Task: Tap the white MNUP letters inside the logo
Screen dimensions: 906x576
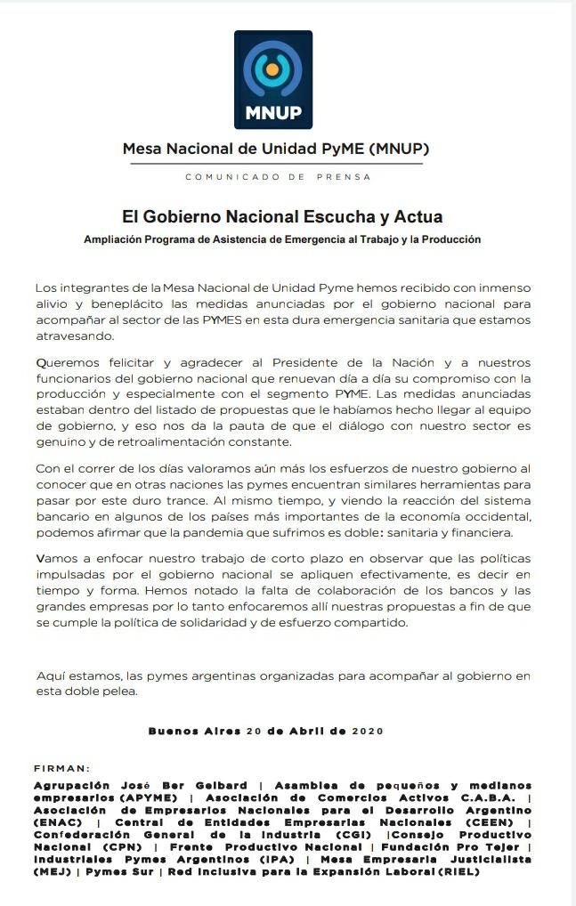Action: [273, 113]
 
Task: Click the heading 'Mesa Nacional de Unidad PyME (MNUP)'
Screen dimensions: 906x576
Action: [281, 149]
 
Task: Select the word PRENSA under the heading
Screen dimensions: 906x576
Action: [344, 177]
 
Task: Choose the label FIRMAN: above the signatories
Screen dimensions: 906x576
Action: [62, 768]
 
